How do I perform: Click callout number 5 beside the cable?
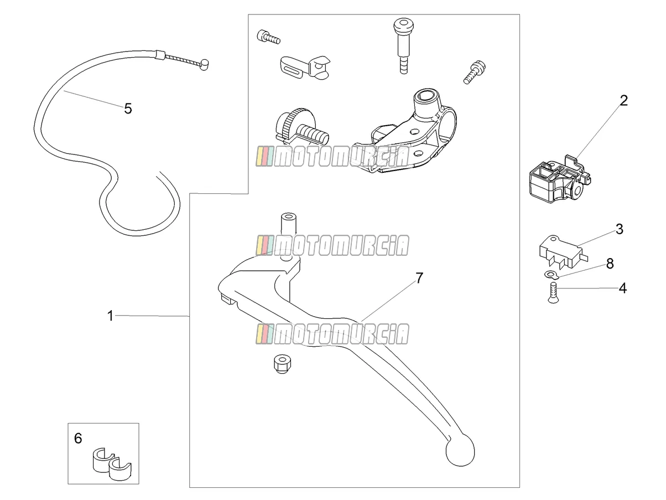[128, 109]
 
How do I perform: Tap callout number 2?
[624, 101]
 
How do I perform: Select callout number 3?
[620, 229]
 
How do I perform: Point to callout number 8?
[610, 264]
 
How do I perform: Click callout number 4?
[623, 288]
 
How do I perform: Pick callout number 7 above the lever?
[419, 278]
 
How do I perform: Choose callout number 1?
[111, 316]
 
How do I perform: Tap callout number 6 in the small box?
[78, 439]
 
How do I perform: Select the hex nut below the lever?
[282, 364]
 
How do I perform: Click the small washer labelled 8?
[549, 275]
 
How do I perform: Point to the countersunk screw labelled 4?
[553, 292]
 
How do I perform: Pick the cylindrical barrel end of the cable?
[204, 65]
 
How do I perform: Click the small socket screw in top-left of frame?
[268, 37]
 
